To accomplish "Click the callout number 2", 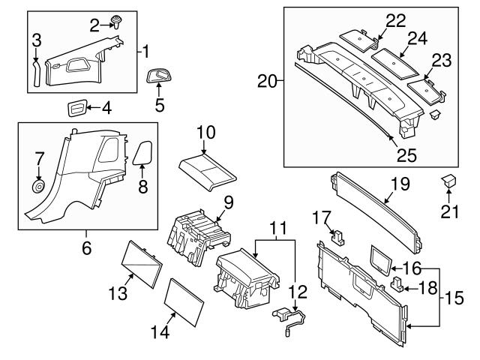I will coord(94,26).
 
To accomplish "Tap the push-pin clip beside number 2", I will coord(116,21).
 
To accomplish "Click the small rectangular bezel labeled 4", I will coord(75,107).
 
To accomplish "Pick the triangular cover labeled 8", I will coord(142,152).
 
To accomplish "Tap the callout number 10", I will coord(205,133).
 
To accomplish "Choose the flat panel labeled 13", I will coord(140,262).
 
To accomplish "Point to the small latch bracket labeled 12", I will coord(288,317).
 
